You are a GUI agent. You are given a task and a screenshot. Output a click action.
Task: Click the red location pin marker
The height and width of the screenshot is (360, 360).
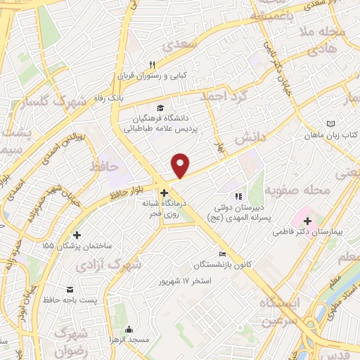click(x=181, y=165)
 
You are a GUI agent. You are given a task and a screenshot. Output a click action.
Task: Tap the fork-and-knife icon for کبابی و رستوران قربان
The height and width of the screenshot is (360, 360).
click(x=162, y=64)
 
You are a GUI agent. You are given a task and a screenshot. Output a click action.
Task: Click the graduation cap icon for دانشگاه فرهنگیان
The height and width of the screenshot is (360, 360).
click(x=161, y=108)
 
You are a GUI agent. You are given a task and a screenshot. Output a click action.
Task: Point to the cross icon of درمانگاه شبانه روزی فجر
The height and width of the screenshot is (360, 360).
click(x=163, y=192)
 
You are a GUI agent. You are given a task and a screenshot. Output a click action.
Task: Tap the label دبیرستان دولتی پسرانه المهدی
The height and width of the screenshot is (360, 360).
click(x=243, y=212)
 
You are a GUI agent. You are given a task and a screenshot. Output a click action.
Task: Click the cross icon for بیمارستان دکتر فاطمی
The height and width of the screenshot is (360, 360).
click(x=307, y=221)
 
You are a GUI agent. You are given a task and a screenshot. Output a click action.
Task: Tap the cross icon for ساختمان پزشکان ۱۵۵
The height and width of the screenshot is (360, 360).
click(x=77, y=235)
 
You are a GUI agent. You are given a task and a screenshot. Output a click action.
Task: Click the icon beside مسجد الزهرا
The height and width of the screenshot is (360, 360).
click(x=129, y=329)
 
